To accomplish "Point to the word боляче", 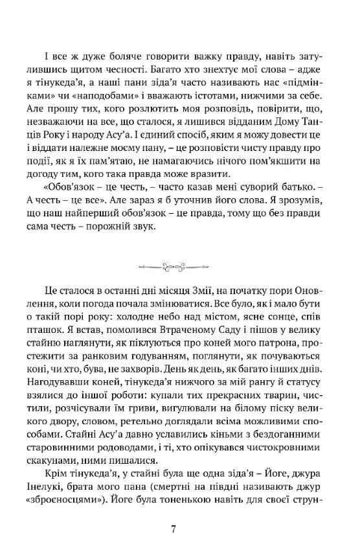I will click(x=117, y=55).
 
